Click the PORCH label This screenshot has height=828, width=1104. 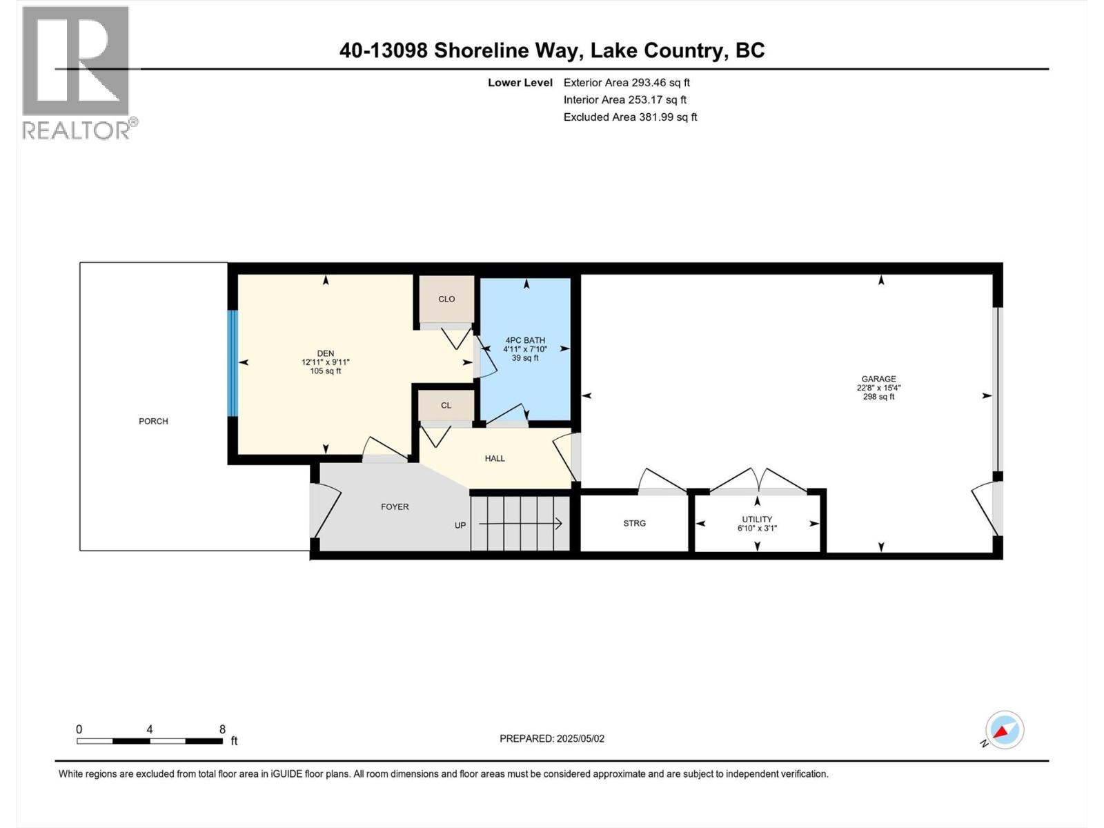click(x=153, y=421)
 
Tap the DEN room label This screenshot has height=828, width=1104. click(x=326, y=353)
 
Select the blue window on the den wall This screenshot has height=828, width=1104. click(x=233, y=363)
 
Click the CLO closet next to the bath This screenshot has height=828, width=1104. click(x=446, y=299)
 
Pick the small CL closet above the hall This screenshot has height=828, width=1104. click(x=446, y=405)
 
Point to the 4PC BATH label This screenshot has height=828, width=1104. click(x=525, y=340)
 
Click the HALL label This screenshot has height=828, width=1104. click(x=495, y=458)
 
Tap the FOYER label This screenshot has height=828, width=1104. click(x=395, y=506)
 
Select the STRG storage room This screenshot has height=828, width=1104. click(x=634, y=523)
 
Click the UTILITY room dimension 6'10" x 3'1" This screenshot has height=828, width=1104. click(x=757, y=529)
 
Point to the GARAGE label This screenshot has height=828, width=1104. click(x=878, y=379)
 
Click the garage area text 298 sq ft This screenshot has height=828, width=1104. click(x=878, y=397)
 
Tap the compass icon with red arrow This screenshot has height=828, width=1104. click(x=1004, y=730)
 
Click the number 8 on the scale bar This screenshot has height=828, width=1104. click(x=222, y=729)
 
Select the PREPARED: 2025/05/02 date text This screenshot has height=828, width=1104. click(x=552, y=738)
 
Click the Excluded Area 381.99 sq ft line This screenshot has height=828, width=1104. click(x=630, y=117)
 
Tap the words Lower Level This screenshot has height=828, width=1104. click(x=520, y=83)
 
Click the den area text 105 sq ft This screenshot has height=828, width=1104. click(x=326, y=371)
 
